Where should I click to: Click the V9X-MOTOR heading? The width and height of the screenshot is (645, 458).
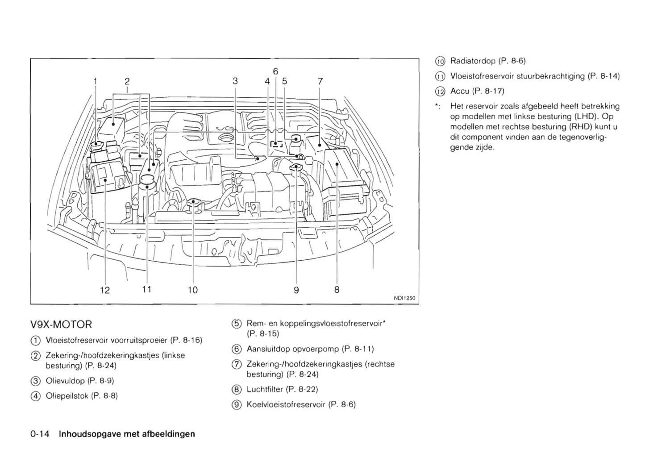(61, 324)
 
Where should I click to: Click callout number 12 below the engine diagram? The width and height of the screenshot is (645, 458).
(105, 290)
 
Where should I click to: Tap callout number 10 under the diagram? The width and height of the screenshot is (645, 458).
(192, 290)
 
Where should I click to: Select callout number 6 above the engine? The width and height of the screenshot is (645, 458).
(275, 71)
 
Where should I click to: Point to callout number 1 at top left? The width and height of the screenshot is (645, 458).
(95, 81)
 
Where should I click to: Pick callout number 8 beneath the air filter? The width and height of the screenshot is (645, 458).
(337, 290)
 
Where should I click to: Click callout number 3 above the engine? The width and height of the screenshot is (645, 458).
(235, 81)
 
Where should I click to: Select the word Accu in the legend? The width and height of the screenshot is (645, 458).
(460, 91)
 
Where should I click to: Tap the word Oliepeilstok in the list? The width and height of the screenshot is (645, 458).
(67, 396)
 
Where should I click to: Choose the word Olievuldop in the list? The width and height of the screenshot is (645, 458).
(65, 381)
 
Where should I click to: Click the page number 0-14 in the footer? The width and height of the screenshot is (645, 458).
(39, 434)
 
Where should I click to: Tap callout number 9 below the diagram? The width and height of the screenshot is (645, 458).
(296, 290)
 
